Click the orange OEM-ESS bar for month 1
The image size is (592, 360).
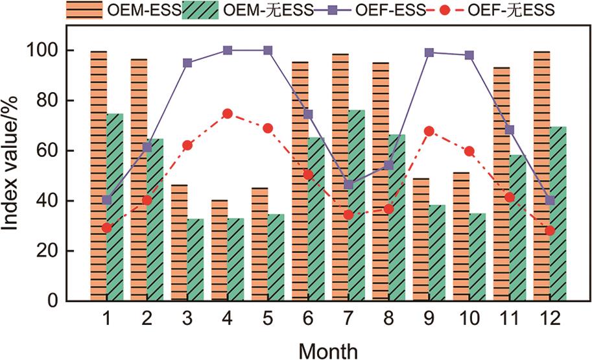click(99, 175)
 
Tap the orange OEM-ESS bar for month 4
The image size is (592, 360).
click(219, 250)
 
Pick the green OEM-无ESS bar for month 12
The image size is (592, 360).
click(558, 213)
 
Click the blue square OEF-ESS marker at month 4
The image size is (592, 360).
click(228, 50)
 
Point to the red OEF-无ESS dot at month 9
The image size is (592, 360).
click(429, 131)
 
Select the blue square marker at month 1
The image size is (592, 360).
click(107, 200)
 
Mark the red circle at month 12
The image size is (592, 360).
click(550, 230)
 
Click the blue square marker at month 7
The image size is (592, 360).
click(349, 185)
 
